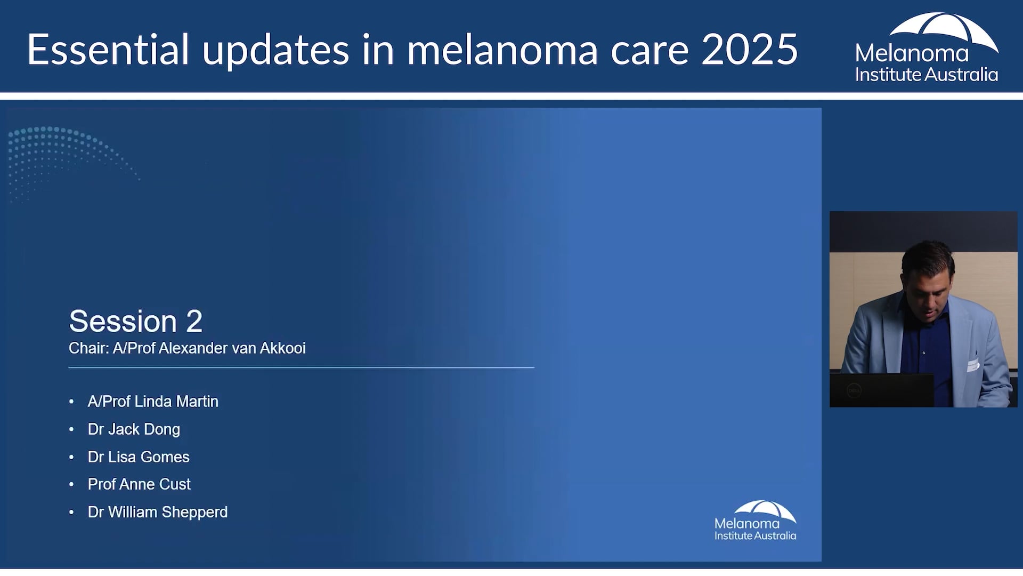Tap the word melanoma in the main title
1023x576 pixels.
pos(502,49)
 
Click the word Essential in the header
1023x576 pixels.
pos(108,49)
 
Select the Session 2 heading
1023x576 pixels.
pos(135,321)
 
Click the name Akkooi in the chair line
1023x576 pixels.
pos(282,348)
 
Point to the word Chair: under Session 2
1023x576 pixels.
pos(88,348)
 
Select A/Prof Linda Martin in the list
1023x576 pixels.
pos(153,402)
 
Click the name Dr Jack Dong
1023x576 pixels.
pos(134,429)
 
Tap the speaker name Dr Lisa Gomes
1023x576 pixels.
pos(139,457)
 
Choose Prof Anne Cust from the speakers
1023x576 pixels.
pos(139,484)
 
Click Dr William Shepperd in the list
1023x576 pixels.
pos(158,512)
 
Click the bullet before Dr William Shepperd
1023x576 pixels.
pos(71,513)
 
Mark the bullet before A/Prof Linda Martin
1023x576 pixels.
pos(71,402)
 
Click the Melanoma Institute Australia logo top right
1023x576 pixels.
pos(927,48)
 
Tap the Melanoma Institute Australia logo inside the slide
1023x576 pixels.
pos(756,521)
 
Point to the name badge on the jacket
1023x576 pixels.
pos(973,365)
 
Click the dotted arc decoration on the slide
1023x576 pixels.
pos(64,155)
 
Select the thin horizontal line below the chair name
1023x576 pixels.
pos(301,367)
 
